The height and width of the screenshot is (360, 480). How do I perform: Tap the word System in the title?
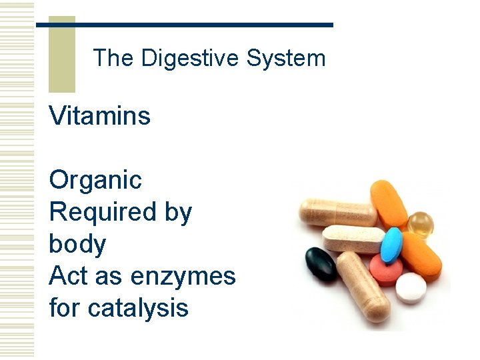pyautogui.click(x=286, y=58)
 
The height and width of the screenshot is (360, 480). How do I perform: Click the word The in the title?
pyautogui.click(x=113, y=58)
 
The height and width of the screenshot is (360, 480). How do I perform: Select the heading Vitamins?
pyautogui.click(x=100, y=116)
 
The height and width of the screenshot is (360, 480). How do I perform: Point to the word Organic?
pyautogui.click(x=95, y=180)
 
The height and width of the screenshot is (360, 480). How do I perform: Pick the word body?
pyautogui.click(x=77, y=244)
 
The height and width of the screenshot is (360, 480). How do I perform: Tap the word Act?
pyautogui.click(x=69, y=275)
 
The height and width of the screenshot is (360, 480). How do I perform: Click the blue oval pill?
pyautogui.click(x=392, y=245)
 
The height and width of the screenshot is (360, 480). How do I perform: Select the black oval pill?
pyautogui.click(x=321, y=264)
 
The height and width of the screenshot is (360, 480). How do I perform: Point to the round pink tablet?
pyautogui.click(x=386, y=270)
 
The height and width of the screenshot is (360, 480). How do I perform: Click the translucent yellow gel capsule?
pyautogui.click(x=421, y=224)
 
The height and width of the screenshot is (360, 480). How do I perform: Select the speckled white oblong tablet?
pyautogui.click(x=354, y=238)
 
